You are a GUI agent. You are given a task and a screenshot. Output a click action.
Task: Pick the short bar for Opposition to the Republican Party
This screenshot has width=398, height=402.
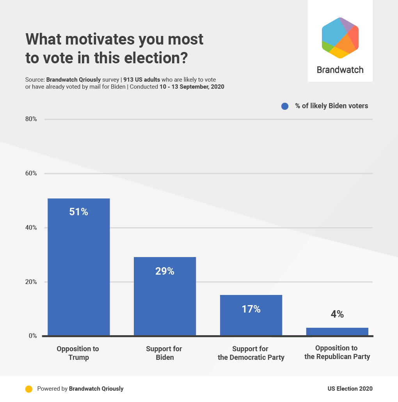pos(337,332)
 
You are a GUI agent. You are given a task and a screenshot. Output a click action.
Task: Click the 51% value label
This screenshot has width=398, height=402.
pos(78,212)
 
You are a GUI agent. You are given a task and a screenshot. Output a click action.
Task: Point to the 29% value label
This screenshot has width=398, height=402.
pos(165,271)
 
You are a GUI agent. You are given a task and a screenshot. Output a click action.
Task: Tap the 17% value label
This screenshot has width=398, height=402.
pos(251,309)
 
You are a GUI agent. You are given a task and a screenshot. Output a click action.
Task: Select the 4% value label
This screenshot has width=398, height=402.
pos(337,314)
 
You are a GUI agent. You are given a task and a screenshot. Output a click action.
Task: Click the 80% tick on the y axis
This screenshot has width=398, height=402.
pos(31,119)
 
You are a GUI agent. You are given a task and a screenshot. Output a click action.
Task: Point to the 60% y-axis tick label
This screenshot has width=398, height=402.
pos(31,173)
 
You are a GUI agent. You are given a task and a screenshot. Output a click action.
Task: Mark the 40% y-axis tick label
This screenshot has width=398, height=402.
pos(31,228)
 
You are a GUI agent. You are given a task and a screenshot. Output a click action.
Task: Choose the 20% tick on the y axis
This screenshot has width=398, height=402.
pos(31,282)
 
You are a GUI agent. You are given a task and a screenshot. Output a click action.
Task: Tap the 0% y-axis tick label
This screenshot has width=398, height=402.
pos(32,336)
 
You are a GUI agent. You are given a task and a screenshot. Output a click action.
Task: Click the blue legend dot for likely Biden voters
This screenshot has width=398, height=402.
pos(285,106)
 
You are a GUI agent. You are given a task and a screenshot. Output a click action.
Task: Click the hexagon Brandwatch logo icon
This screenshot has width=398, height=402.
pos(340,38)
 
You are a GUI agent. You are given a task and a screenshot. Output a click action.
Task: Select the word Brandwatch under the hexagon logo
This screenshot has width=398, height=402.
pos(340,70)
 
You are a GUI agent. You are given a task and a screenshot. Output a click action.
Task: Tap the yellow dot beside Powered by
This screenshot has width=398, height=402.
pos(28,389)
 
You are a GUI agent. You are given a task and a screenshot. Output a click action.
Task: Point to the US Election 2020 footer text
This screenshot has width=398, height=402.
pos(350,389)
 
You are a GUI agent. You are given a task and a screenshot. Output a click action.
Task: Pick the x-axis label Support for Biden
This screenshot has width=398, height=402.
pos(164,353)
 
